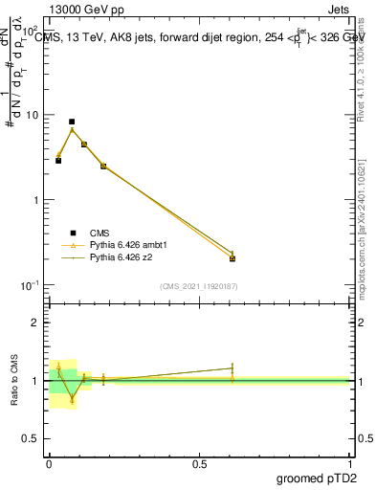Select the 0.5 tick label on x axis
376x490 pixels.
coord(199,463)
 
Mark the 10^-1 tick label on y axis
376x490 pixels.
coord(29,285)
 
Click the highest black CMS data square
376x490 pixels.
coord(72,122)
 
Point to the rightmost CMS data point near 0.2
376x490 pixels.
coord(232,258)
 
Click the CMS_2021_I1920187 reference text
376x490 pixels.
coord(198,286)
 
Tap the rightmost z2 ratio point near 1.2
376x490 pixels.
coord(232,367)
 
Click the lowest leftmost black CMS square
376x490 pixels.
coord(58,161)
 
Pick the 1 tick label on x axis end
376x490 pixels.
coord(350,463)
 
